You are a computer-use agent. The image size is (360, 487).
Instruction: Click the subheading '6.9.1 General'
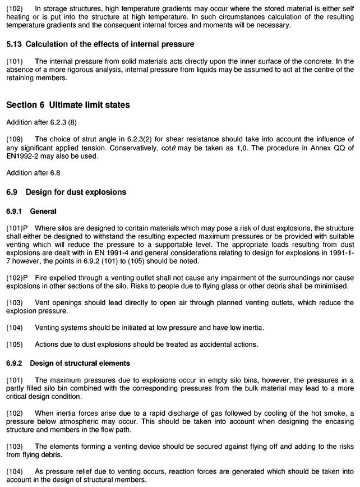click(31, 211)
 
